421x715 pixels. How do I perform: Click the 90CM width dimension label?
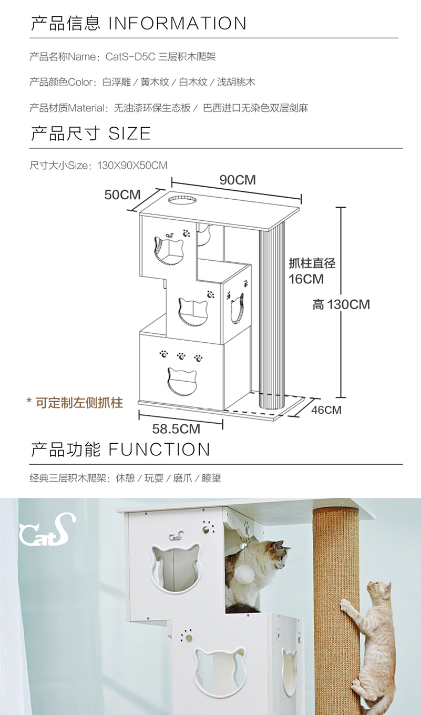(x=238, y=180)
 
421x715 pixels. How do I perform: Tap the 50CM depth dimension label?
(x=122, y=195)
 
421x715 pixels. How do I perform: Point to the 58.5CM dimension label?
(x=176, y=429)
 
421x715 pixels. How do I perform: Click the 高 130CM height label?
(x=341, y=304)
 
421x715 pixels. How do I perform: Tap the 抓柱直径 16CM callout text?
(x=312, y=270)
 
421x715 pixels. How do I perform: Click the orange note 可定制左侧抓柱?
(x=75, y=403)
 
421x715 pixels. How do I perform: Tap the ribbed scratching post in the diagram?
(x=272, y=315)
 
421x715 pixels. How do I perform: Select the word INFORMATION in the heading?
(x=178, y=24)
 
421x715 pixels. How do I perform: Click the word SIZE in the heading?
(x=130, y=134)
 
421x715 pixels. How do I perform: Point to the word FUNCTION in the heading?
(x=159, y=450)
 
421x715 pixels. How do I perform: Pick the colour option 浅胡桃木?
(x=236, y=83)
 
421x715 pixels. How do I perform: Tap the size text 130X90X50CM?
(x=132, y=166)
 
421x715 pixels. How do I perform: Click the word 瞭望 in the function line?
(x=210, y=478)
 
